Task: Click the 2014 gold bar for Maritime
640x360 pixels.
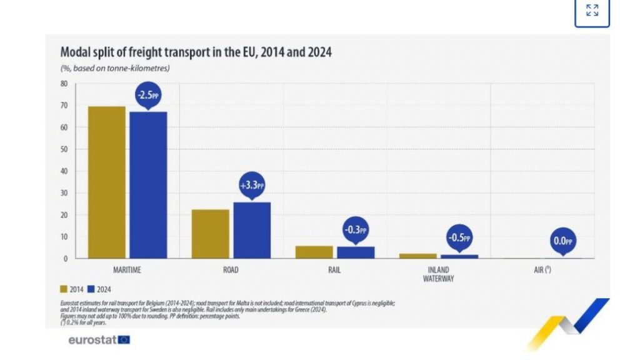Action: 106,182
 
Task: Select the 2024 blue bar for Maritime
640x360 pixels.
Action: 148,184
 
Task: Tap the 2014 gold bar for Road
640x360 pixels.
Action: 210,234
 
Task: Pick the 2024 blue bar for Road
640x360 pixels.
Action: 252,230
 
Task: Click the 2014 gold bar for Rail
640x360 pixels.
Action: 314,252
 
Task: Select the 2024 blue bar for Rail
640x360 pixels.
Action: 356,252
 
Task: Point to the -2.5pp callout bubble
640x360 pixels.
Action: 148,96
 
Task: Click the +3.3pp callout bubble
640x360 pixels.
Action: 252,186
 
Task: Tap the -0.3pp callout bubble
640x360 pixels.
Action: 355,229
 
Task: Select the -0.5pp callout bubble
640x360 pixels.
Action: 459,238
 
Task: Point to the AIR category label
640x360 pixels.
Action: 541,271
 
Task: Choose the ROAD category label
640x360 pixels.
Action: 231,271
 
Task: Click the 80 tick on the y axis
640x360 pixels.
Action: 64,83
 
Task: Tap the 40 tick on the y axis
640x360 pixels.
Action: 64,171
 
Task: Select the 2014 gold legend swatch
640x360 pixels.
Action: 64,289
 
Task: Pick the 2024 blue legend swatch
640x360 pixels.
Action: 91,289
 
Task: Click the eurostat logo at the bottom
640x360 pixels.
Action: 99,340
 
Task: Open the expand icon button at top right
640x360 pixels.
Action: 591,11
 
